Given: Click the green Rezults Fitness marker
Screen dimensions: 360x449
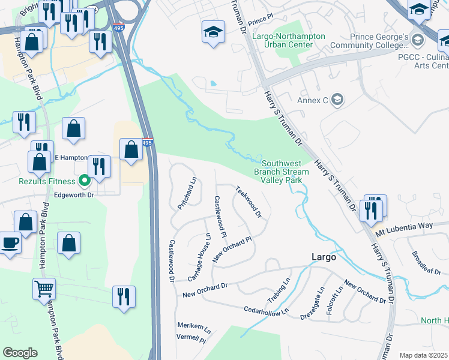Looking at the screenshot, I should (85, 179).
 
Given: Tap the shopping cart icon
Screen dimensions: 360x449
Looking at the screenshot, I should (44, 289).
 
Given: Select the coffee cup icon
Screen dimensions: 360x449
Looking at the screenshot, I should (9, 244).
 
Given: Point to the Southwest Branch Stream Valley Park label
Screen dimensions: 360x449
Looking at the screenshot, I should (285, 172).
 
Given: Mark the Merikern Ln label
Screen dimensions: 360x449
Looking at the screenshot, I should (194, 328).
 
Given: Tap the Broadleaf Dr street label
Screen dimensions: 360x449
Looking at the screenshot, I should (427, 259).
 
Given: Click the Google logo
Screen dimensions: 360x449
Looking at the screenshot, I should (20, 353).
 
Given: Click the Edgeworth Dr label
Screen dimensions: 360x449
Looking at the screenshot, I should (74, 195).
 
